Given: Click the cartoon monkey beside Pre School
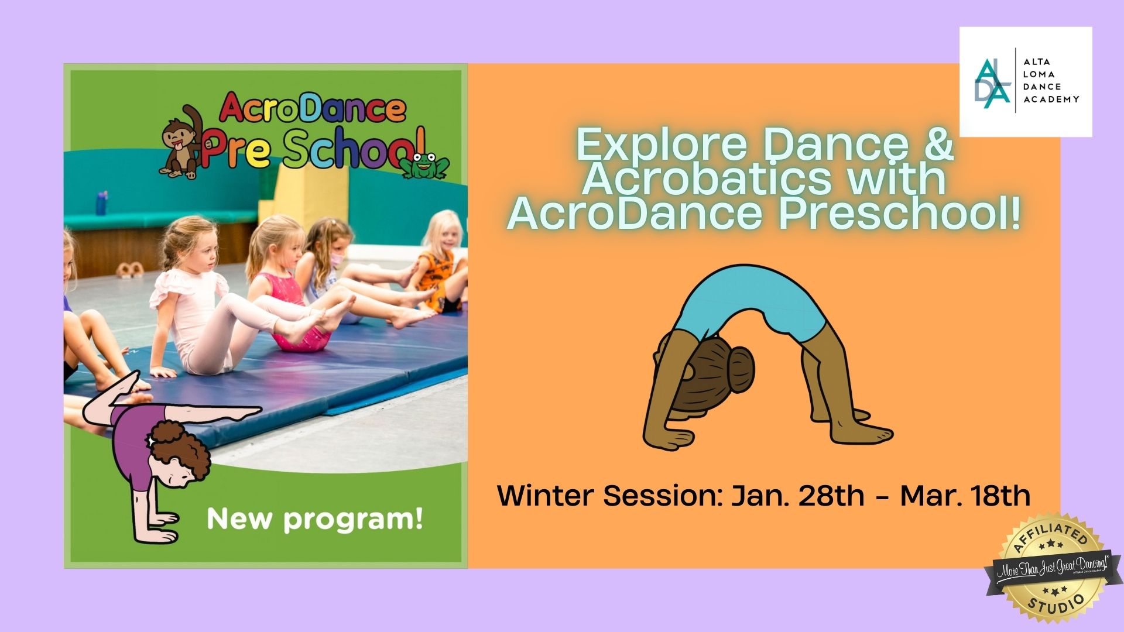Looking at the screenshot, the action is (181, 143).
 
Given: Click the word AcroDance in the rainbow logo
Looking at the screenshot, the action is (312, 109).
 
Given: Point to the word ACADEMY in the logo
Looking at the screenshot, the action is (1051, 99).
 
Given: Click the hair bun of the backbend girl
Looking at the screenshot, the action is (741, 369).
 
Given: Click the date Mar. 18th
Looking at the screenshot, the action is (965, 496).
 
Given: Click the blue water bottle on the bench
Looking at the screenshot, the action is (102, 202).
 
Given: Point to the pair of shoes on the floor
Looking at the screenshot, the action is (129, 270).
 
